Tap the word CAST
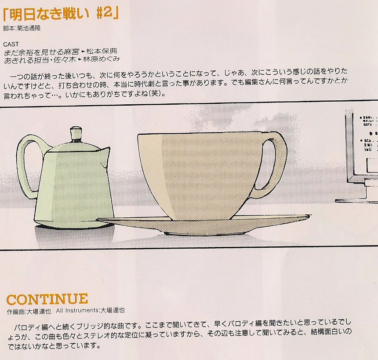(x=11, y=44)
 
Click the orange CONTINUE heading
(x=47, y=299)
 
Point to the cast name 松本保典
(x=102, y=51)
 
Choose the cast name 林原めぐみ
(x=101, y=59)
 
